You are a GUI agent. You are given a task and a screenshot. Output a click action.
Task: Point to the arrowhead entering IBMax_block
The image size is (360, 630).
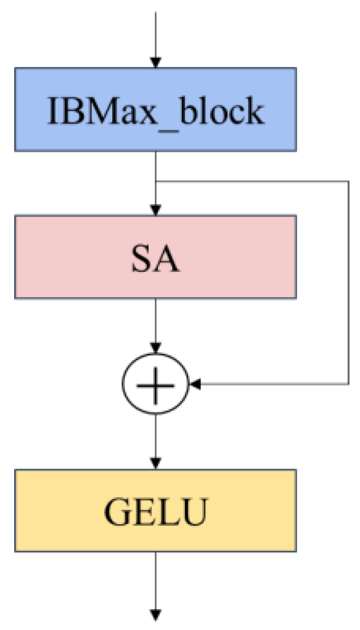tap(155, 62)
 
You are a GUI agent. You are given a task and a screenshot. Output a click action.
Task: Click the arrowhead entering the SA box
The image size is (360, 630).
tap(155, 210)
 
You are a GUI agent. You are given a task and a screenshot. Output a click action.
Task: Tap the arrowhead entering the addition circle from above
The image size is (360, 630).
tap(155, 347)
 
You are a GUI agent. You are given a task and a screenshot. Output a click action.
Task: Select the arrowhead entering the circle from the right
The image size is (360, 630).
tap(195, 385)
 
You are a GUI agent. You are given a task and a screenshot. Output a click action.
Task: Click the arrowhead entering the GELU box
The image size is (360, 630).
tap(155, 463)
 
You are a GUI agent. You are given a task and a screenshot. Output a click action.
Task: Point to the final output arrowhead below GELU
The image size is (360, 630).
tap(155, 614)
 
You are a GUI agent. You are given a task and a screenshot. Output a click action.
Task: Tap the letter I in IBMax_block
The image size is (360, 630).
tap(52, 111)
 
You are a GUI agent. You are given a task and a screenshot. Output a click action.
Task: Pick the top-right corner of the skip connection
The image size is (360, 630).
tap(348, 182)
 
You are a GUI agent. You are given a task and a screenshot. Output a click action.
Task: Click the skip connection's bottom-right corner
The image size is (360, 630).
tap(348, 384)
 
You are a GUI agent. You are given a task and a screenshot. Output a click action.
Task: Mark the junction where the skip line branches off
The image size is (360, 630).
tap(156, 182)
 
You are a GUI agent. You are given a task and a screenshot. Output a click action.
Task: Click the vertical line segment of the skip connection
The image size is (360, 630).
tap(348, 283)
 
